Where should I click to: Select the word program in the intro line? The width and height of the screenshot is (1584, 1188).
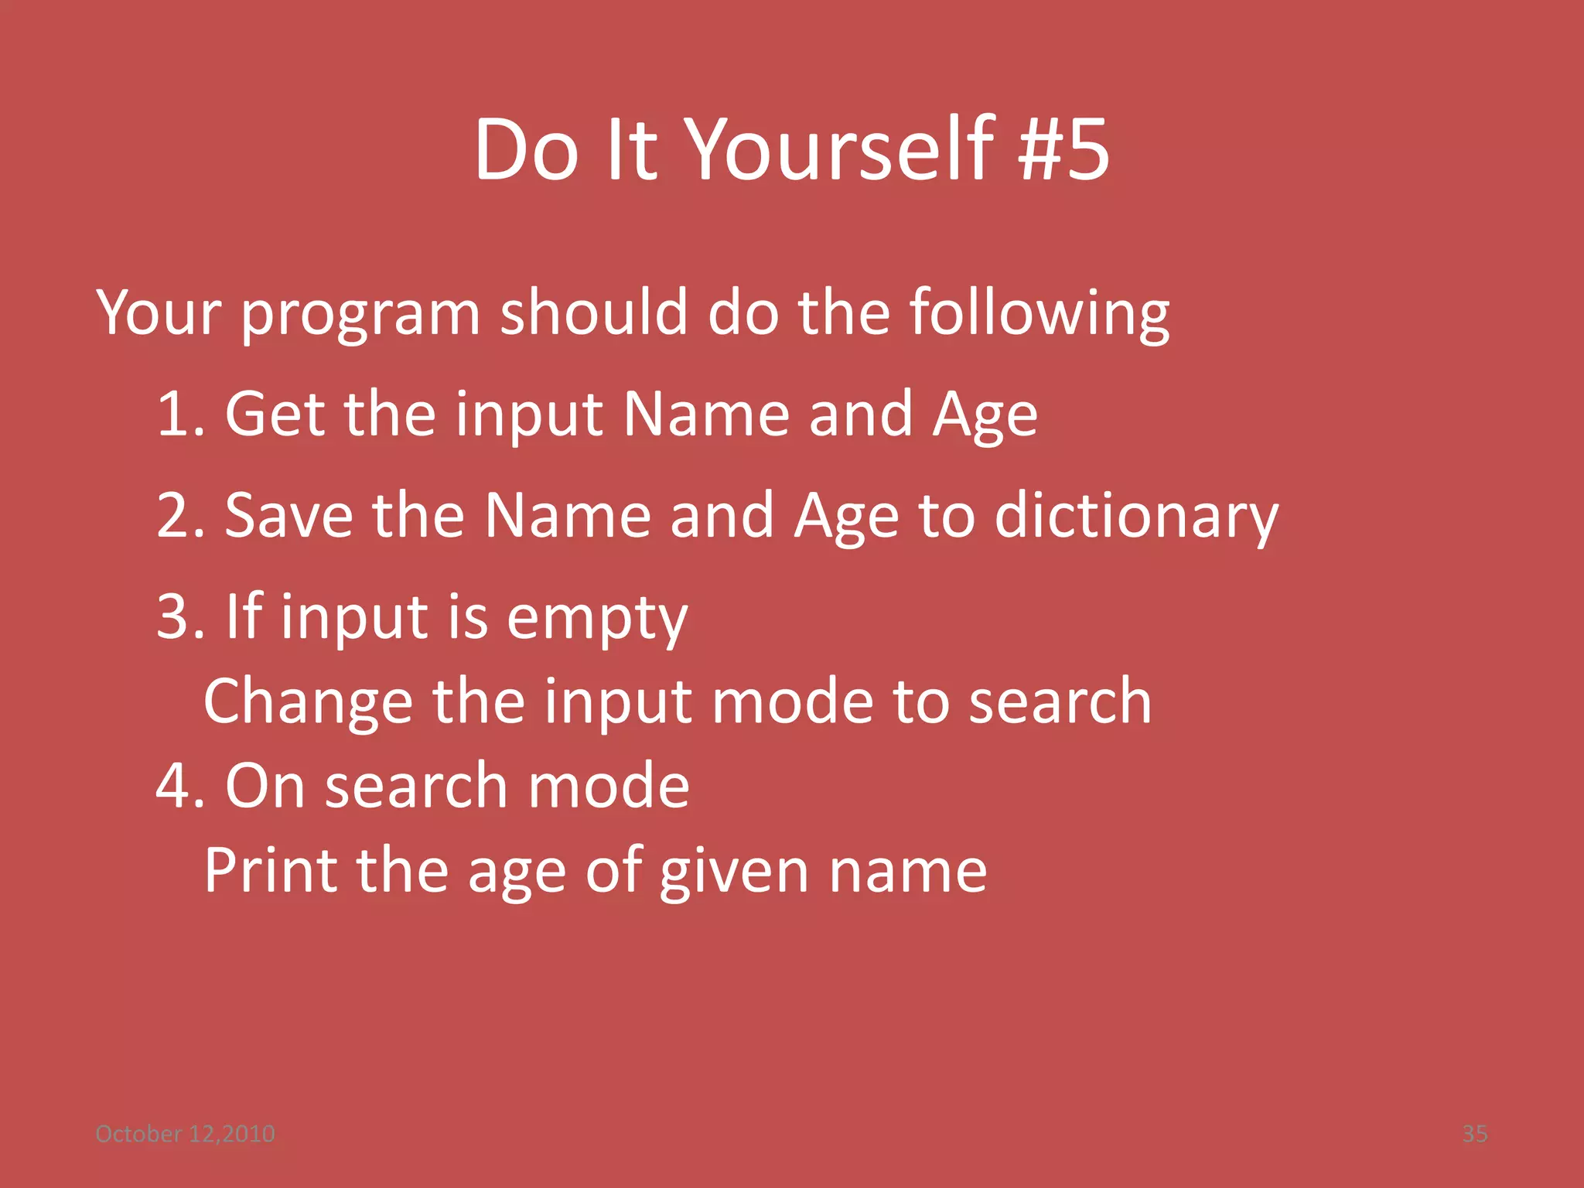click(x=361, y=314)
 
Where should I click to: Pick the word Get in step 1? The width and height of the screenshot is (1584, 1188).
click(x=275, y=414)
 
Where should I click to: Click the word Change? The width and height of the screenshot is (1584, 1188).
click(x=308, y=701)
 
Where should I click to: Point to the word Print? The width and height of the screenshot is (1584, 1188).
click(x=271, y=870)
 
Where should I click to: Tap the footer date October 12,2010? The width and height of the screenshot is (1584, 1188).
click(x=185, y=1134)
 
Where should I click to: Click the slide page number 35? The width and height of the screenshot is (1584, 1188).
click(x=1474, y=1134)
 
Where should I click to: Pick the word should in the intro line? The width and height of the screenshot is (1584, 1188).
click(x=593, y=312)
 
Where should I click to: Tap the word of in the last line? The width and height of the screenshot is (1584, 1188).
click(x=614, y=870)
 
